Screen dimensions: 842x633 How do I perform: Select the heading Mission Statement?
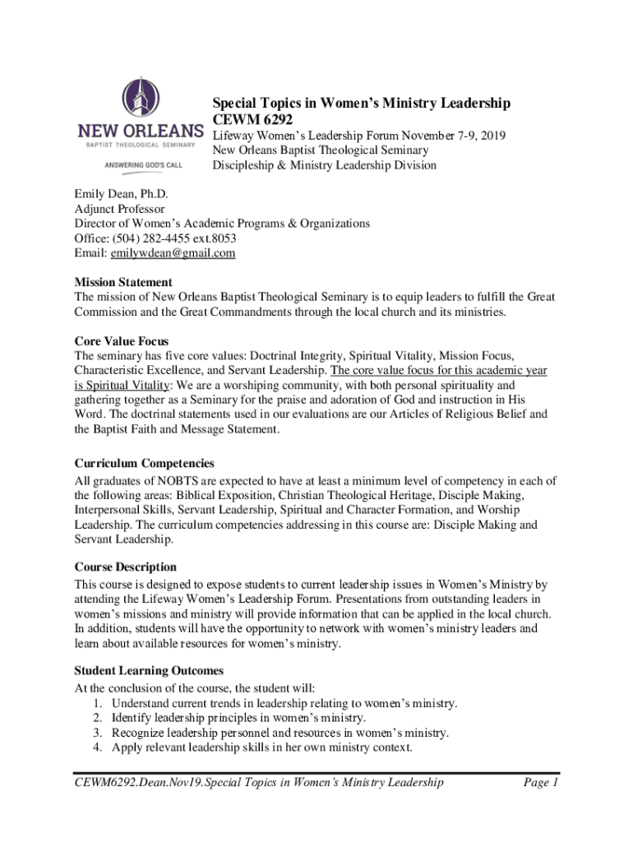(123, 282)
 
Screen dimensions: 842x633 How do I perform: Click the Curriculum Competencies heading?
(145, 464)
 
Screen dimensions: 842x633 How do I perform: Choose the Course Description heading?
(125, 567)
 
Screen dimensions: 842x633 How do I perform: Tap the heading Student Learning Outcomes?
(148, 671)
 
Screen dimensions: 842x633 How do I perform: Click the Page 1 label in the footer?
(541, 782)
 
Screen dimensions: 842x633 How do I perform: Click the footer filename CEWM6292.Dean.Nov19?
(145, 782)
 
